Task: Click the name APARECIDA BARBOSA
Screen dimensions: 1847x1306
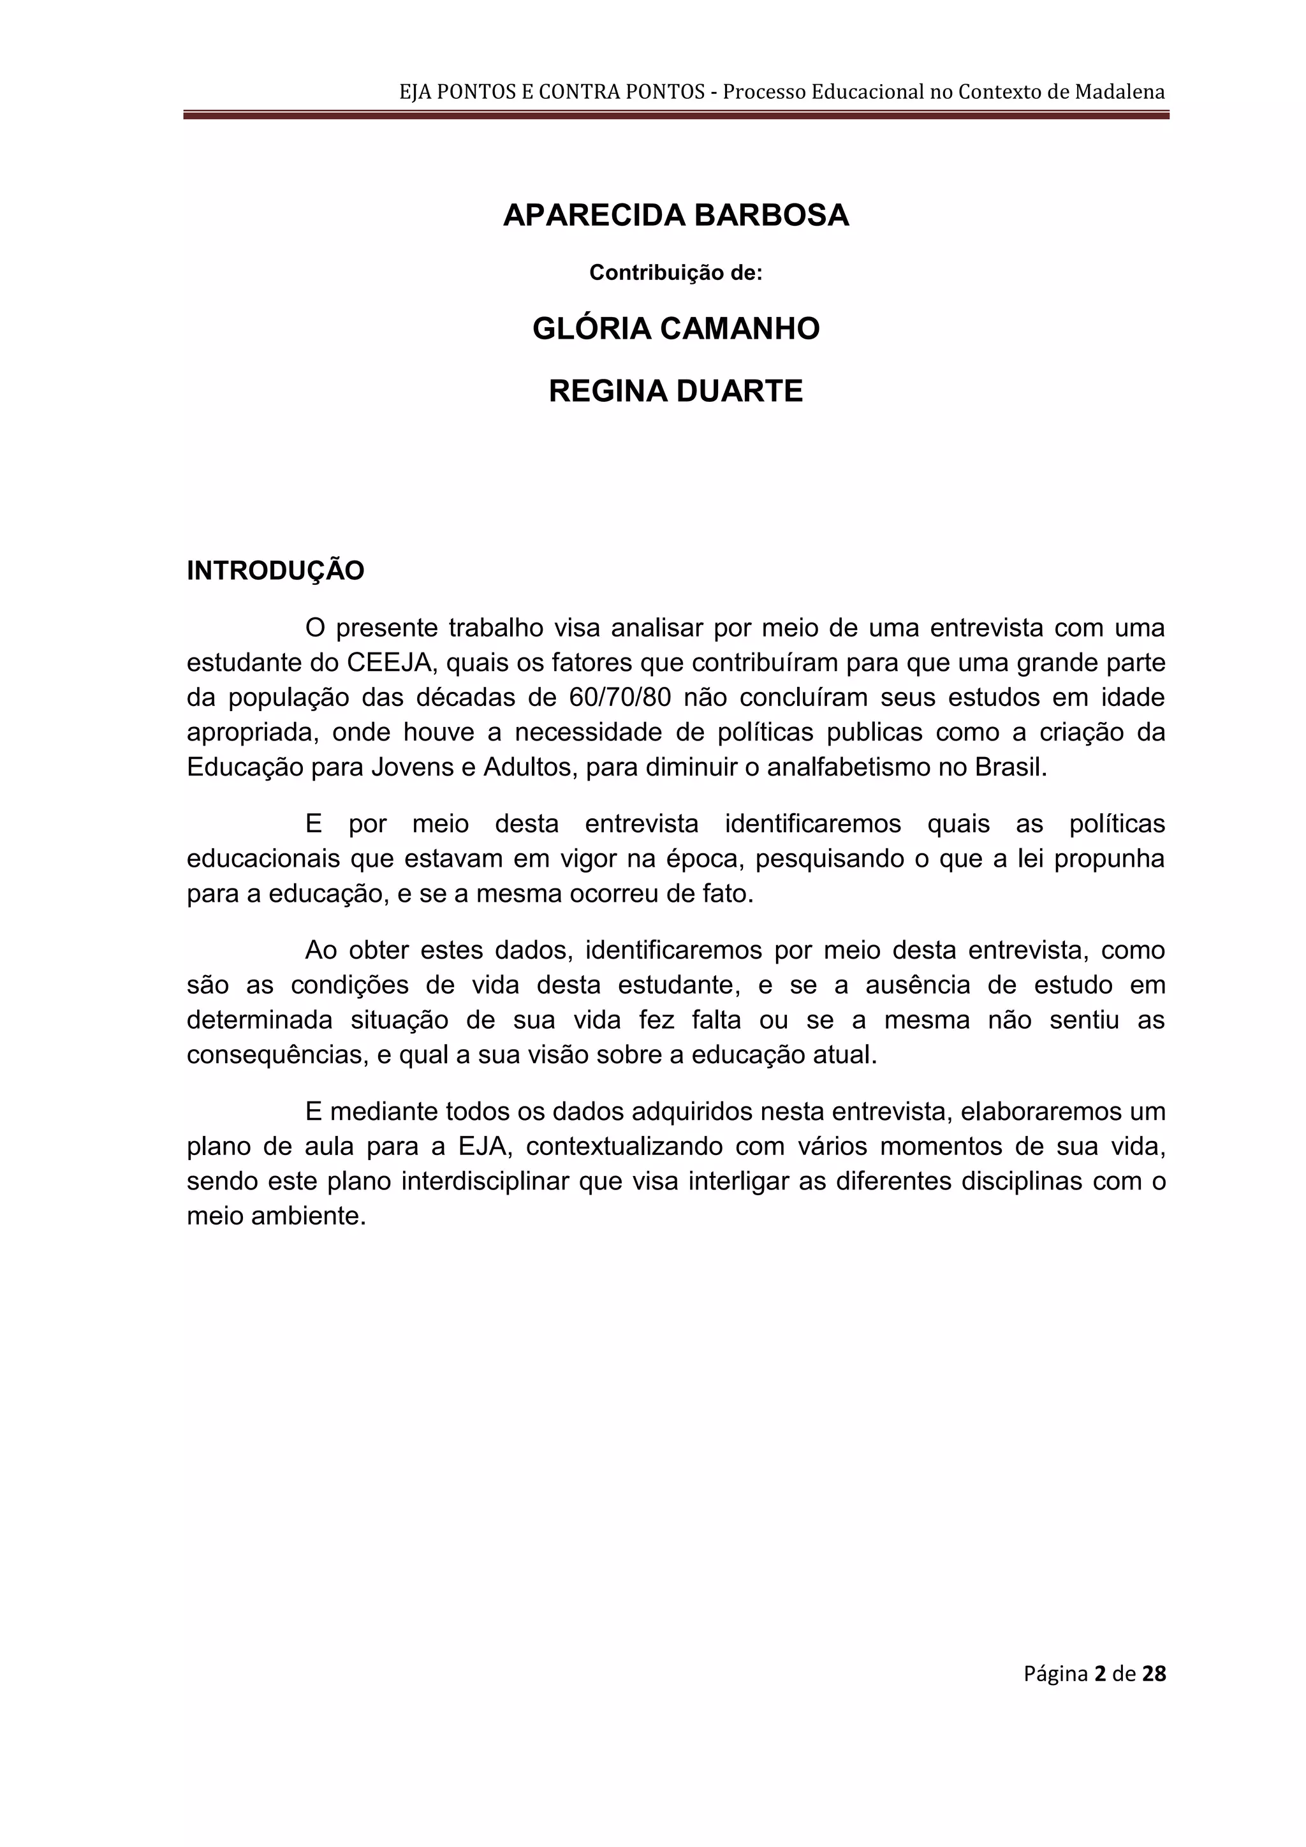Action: coord(675,216)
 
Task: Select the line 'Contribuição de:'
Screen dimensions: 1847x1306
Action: coord(675,273)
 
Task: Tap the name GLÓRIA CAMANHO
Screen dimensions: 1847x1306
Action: coord(675,329)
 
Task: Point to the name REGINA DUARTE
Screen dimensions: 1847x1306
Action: coord(675,391)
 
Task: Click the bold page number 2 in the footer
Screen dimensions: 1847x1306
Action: coord(1099,1674)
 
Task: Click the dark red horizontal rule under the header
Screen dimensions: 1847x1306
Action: coord(675,115)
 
